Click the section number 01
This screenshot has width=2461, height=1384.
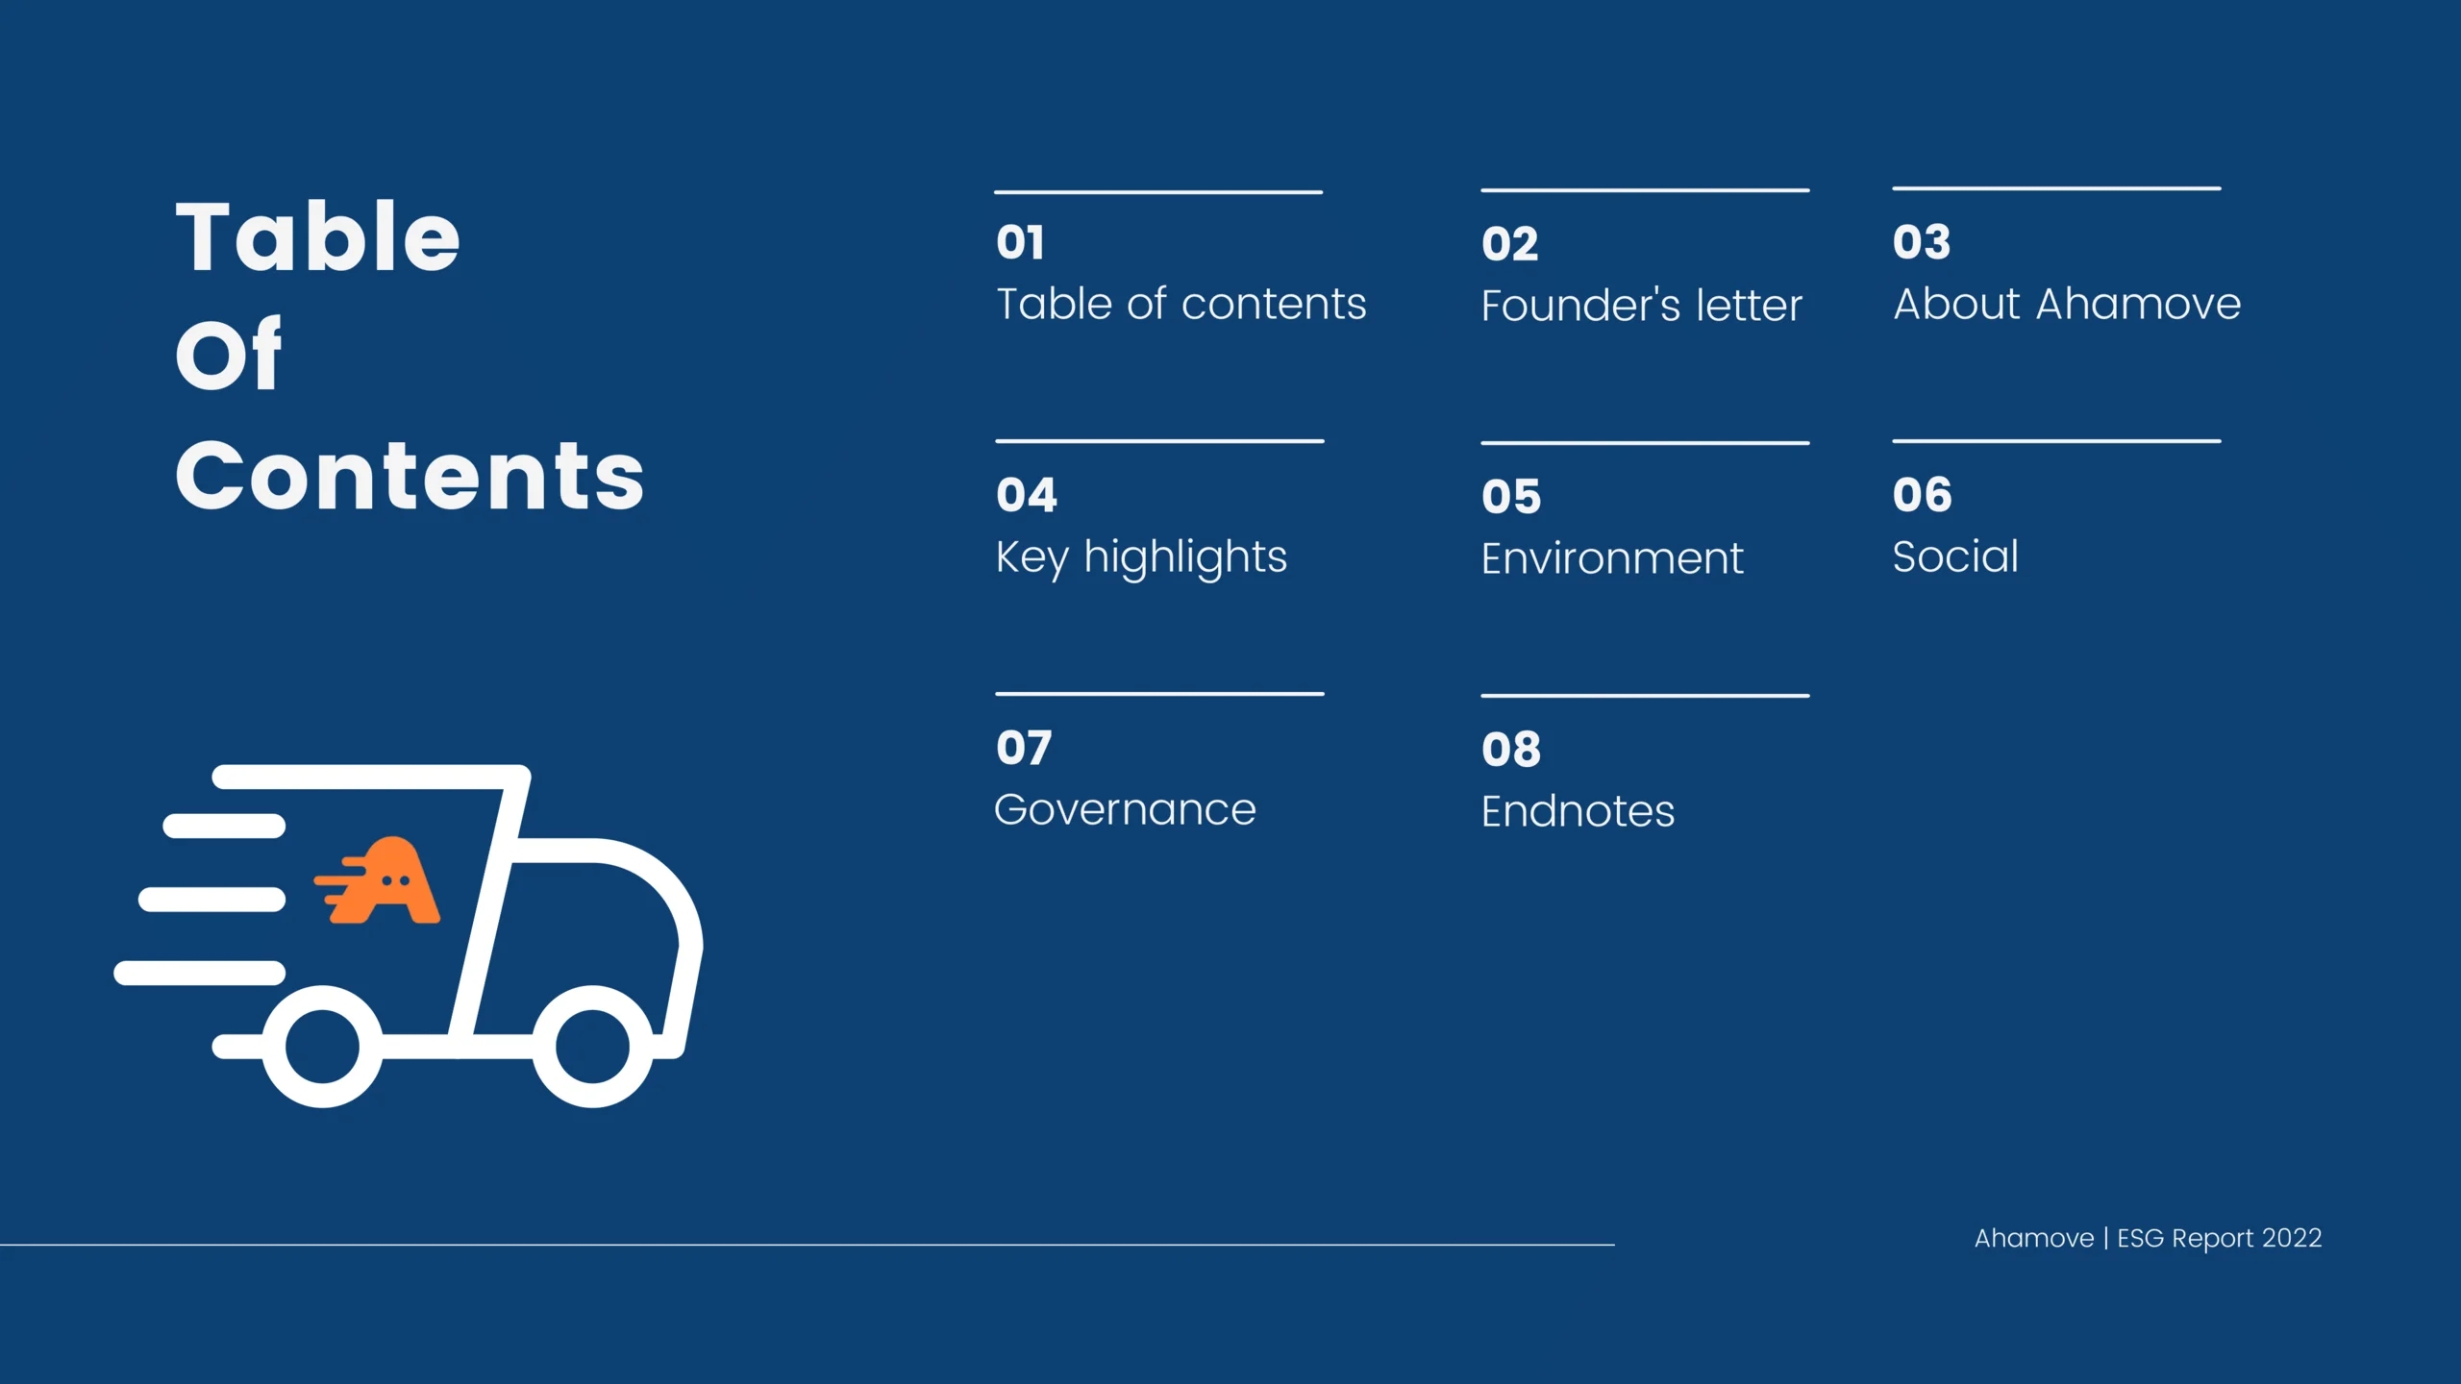(1020, 242)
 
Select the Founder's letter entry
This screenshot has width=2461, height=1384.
(1641, 306)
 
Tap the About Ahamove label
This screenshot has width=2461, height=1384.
(2067, 304)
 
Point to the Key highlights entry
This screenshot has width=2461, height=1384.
(1141, 558)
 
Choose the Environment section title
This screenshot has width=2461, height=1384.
(1612, 558)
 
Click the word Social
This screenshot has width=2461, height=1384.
(1955, 556)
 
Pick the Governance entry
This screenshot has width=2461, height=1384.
(1125, 809)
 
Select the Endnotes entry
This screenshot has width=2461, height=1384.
(1578, 811)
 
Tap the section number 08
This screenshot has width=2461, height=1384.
(1511, 750)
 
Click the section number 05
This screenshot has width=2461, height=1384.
(1511, 497)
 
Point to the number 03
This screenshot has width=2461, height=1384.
(1922, 242)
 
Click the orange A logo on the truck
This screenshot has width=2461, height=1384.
(377, 880)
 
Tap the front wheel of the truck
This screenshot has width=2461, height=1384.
(593, 1047)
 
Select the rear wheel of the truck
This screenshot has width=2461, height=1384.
(323, 1047)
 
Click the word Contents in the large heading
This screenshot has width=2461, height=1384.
(410, 475)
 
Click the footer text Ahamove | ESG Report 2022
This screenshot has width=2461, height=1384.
(2149, 1238)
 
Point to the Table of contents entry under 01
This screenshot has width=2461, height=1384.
(1181, 304)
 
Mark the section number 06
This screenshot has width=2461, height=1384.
(1923, 495)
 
